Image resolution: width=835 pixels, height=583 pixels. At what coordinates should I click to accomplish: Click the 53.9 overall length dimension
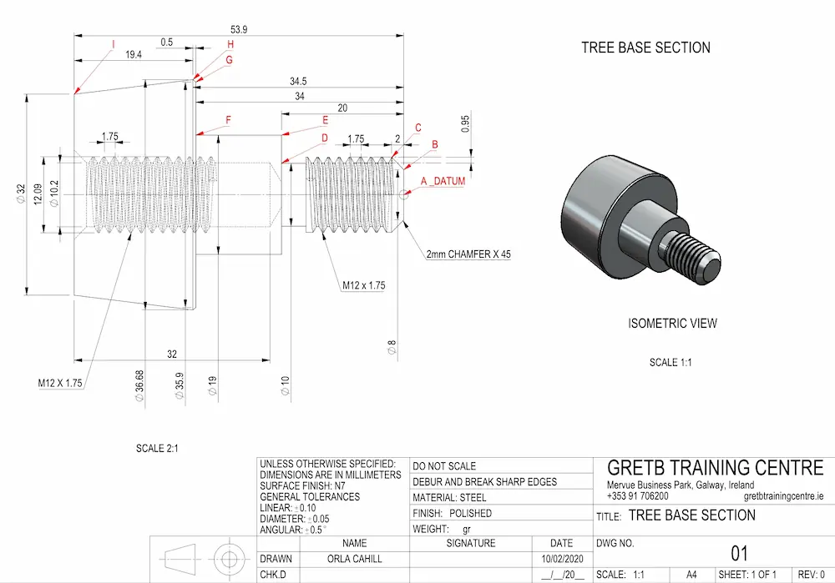point(239,28)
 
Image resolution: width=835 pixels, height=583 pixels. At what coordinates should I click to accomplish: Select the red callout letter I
point(113,44)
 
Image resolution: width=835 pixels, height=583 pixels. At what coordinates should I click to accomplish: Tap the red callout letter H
point(230,44)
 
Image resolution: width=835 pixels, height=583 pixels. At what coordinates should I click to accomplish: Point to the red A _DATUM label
point(443,181)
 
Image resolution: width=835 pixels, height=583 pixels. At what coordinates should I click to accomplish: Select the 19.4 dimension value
point(134,54)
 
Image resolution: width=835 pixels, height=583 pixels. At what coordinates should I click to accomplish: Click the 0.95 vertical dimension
point(465,123)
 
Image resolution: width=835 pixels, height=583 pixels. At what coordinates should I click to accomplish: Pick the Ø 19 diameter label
point(212,385)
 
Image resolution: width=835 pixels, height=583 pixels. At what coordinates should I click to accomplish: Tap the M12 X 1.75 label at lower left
point(62,384)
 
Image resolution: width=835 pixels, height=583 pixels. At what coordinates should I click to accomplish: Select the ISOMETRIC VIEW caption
point(672,324)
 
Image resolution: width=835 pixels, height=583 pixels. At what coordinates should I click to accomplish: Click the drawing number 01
point(739,553)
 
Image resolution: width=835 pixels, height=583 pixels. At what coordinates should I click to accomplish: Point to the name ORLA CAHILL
point(355,559)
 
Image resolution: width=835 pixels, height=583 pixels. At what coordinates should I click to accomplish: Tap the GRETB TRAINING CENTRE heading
point(715,468)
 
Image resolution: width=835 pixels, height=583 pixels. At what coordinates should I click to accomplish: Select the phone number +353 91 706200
point(637,495)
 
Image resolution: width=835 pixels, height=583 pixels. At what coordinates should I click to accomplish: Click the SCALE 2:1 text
point(157,449)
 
